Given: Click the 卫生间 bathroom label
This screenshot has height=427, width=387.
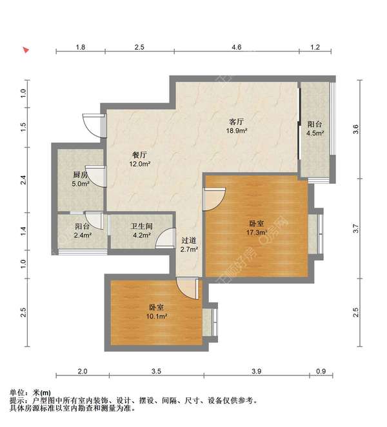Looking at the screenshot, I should (141, 226).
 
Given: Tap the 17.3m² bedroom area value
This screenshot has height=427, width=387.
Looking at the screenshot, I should (257, 232).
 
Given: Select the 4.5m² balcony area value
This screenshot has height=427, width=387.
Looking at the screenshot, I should (315, 134).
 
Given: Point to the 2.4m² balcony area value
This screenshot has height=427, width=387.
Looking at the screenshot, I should (83, 235).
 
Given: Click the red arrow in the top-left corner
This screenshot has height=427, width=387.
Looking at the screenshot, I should (25, 49).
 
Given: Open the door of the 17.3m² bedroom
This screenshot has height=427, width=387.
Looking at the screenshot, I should (214, 197).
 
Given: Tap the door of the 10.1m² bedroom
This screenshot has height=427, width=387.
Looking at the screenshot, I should (192, 286).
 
